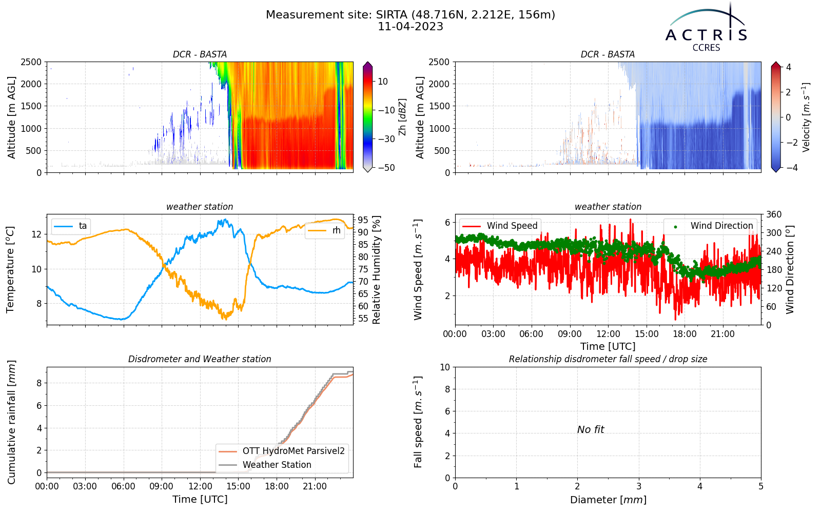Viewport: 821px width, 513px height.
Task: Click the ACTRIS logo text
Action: [x=706, y=35]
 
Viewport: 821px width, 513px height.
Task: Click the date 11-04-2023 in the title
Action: [x=411, y=27]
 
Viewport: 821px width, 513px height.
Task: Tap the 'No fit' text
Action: [x=591, y=429]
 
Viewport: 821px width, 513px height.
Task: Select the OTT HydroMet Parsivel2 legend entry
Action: [x=282, y=451]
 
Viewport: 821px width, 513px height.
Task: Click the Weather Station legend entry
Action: [x=265, y=465]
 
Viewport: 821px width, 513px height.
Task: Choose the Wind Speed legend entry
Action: [x=500, y=226]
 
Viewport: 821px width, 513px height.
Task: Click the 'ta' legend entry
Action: [x=70, y=226]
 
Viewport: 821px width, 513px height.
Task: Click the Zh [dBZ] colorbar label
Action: [x=402, y=117]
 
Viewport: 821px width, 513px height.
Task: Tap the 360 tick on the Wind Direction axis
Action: [x=774, y=214]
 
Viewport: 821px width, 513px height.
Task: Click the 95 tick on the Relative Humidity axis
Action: [x=363, y=220]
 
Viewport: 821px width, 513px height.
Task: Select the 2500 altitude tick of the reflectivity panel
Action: [x=31, y=62]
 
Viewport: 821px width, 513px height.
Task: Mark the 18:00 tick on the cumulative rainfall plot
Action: [x=277, y=487]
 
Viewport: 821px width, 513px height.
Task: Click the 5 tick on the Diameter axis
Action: [x=761, y=487]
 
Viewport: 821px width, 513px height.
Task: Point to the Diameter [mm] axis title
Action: [x=608, y=500]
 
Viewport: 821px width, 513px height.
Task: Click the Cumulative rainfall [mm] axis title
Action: [x=11, y=422]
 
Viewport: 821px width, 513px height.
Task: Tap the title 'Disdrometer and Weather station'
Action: [x=200, y=359]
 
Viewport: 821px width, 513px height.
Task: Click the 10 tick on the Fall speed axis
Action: [x=445, y=367]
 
